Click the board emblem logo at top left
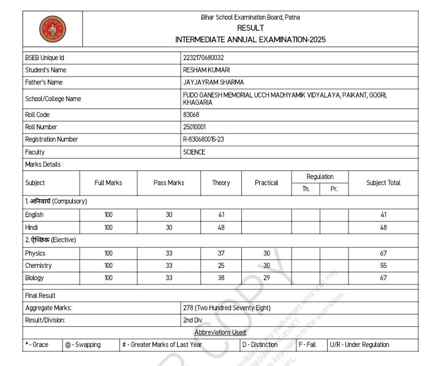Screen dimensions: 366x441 coord(53,29)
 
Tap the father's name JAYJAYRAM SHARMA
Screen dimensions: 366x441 coord(213,82)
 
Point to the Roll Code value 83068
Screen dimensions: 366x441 coord(192,115)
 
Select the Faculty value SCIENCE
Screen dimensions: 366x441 coord(194,152)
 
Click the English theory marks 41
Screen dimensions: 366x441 coord(221,215)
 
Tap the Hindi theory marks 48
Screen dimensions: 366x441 coord(221,227)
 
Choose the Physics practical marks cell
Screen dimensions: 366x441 coord(266,253)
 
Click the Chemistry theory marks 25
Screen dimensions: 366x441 coord(221,265)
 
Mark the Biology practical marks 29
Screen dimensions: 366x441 coord(266,278)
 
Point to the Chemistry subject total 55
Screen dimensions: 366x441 coord(383,265)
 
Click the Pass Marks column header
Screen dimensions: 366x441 coord(169,183)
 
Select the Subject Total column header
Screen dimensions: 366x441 coord(383,183)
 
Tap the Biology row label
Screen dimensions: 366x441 coord(35,278)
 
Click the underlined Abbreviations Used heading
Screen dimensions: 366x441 coord(221,332)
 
